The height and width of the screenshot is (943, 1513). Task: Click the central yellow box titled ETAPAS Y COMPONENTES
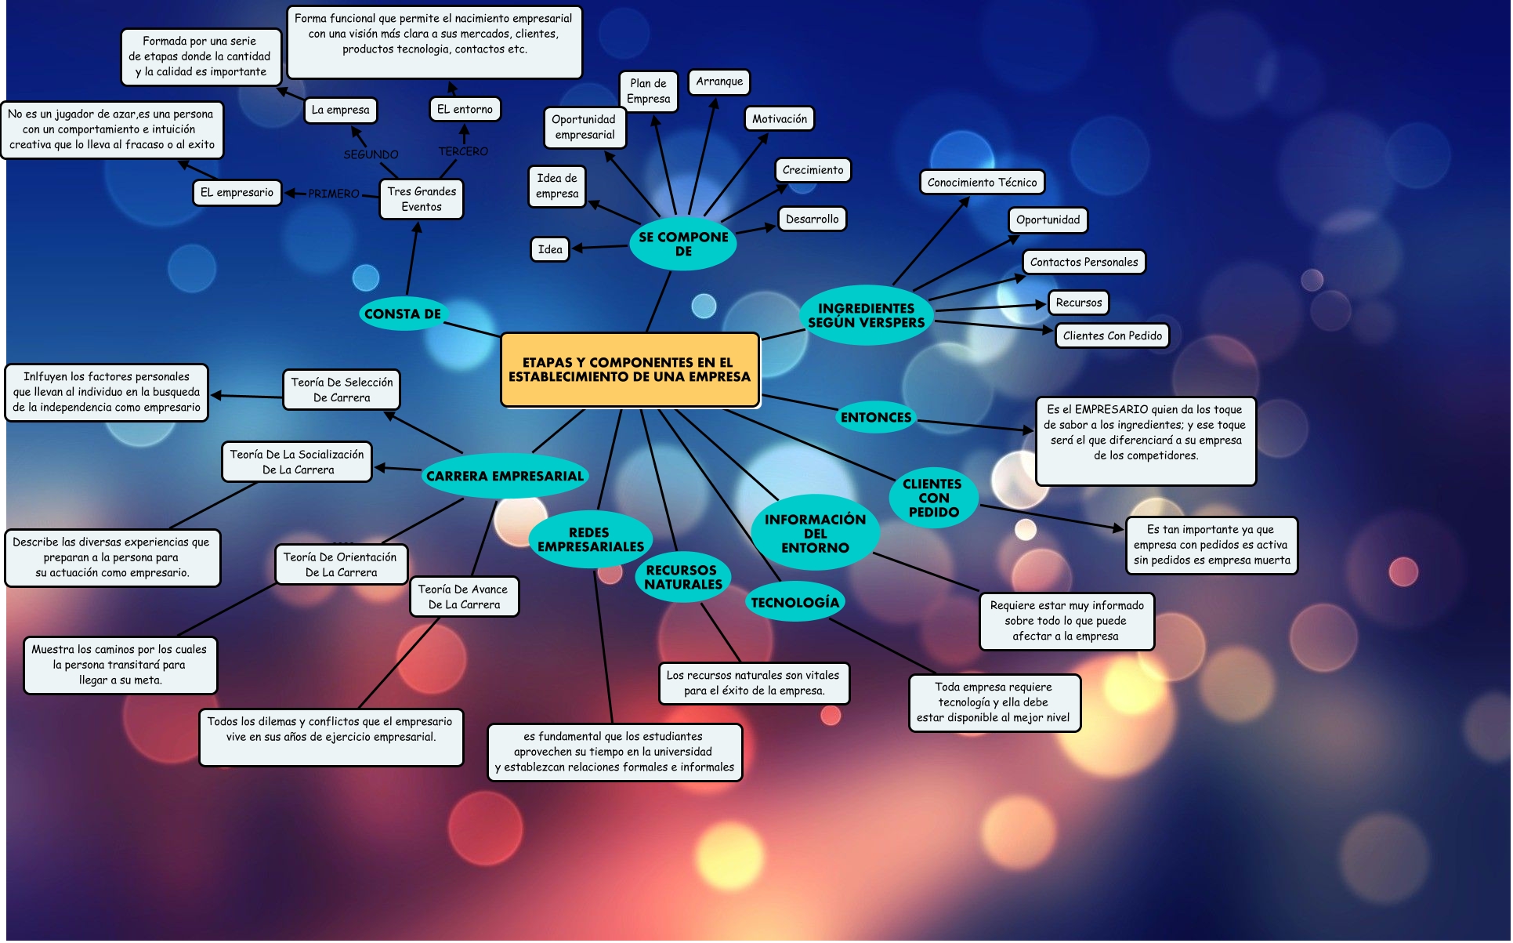coord(629,370)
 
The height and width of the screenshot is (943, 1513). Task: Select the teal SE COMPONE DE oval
coord(683,244)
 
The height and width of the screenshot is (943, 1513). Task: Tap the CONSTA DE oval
coord(403,314)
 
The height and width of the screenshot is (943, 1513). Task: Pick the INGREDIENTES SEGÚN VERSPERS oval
coord(866,315)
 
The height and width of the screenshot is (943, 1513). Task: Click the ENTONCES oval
coord(876,418)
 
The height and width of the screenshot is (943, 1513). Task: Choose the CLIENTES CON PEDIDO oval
coord(932,498)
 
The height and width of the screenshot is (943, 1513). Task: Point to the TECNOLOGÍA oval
coord(795,602)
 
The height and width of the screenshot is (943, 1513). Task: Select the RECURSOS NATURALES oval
coord(683,577)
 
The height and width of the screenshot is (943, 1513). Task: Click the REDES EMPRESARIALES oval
coord(590,539)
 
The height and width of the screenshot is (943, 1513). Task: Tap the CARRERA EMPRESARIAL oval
coord(505,476)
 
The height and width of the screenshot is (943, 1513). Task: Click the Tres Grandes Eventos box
coord(422,199)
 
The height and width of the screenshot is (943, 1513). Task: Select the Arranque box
coord(719,82)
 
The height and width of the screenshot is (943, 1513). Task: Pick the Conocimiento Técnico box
coord(982,183)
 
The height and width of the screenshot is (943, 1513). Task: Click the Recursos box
coord(1078,303)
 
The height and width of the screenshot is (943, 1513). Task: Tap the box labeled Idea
coord(550,249)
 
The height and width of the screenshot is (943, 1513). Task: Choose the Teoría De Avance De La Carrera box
coord(463,597)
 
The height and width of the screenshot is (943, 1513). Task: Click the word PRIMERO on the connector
coord(334,194)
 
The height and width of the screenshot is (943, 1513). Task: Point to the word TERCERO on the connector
coord(463,151)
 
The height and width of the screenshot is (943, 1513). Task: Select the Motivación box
coord(779,119)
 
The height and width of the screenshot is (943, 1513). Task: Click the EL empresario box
coord(237,192)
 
